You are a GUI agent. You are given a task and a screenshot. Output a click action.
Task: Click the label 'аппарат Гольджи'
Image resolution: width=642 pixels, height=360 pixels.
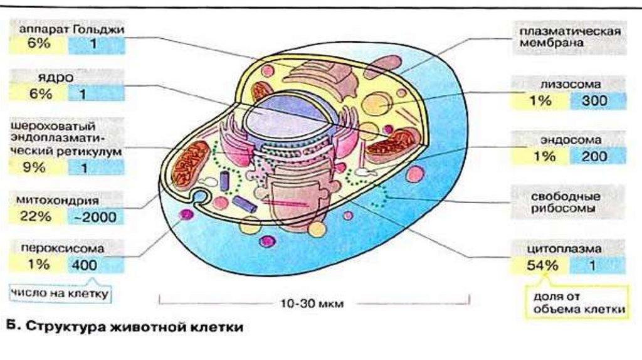tap(67, 29)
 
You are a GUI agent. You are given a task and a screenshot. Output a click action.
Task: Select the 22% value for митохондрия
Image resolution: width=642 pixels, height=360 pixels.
tap(38, 217)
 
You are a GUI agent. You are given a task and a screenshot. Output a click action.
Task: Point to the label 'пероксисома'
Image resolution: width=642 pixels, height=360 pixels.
tap(62, 248)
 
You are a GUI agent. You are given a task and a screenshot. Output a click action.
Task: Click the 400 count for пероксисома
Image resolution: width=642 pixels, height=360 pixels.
tap(85, 265)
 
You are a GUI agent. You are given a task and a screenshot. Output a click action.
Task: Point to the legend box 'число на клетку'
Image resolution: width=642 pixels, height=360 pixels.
tap(60, 292)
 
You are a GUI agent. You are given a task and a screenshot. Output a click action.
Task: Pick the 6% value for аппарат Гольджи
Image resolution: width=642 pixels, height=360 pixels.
tap(38, 44)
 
